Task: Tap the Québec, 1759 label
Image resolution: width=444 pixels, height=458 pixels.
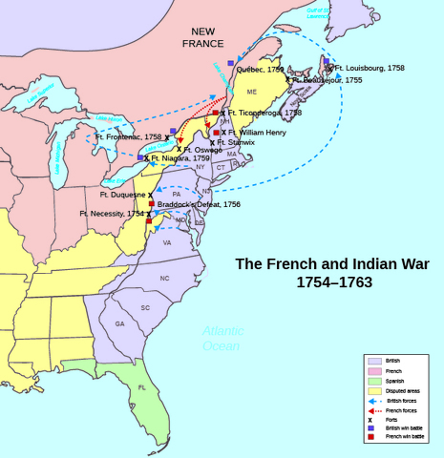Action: pos(260,70)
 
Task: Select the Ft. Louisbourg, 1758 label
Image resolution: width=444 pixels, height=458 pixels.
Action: pos(370,69)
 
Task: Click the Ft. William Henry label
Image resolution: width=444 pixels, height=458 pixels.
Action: pos(257,133)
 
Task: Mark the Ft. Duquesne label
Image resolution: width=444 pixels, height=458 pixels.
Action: pos(119,195)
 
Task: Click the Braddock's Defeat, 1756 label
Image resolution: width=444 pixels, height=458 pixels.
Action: pos(199,204)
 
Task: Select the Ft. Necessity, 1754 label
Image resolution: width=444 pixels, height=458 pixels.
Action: pos(112,215)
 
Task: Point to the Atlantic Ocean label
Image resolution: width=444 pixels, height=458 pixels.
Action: pos(222,339)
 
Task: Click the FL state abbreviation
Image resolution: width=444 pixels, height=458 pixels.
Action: pos(141,388)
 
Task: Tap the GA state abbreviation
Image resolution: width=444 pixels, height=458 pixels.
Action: pos(120,323)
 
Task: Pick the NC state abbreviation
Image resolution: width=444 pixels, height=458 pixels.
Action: pos(164,278)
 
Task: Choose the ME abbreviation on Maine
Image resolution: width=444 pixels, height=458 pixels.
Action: pos(253,92)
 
